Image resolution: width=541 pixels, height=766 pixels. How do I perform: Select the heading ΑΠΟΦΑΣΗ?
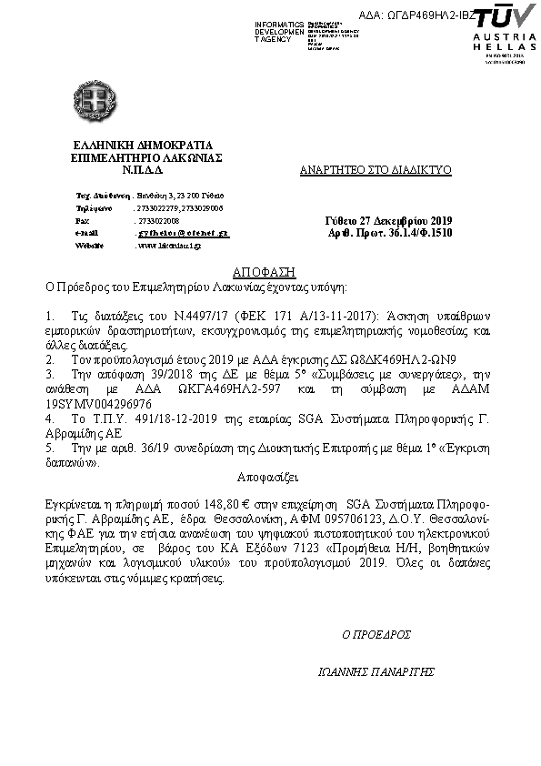coord(264,272)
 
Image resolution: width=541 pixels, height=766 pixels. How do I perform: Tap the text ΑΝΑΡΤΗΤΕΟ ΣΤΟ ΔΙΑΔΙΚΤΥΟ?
coord(376,170)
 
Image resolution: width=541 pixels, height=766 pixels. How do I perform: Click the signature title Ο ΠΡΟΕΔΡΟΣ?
coord(376,633)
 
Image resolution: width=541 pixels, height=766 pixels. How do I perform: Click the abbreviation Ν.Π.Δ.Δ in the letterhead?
coord(144,169)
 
